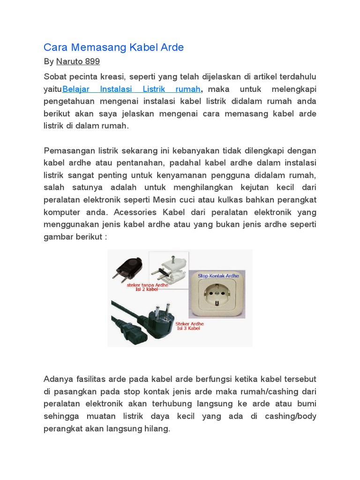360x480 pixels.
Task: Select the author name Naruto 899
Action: tap(78, 61)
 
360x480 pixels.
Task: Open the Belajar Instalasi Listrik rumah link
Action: tap(132, 89)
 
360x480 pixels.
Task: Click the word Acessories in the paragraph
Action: tap(138, 211)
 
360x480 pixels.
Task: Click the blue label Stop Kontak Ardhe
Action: tap(218, 276)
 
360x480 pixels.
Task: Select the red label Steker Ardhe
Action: tap(188, 325)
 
